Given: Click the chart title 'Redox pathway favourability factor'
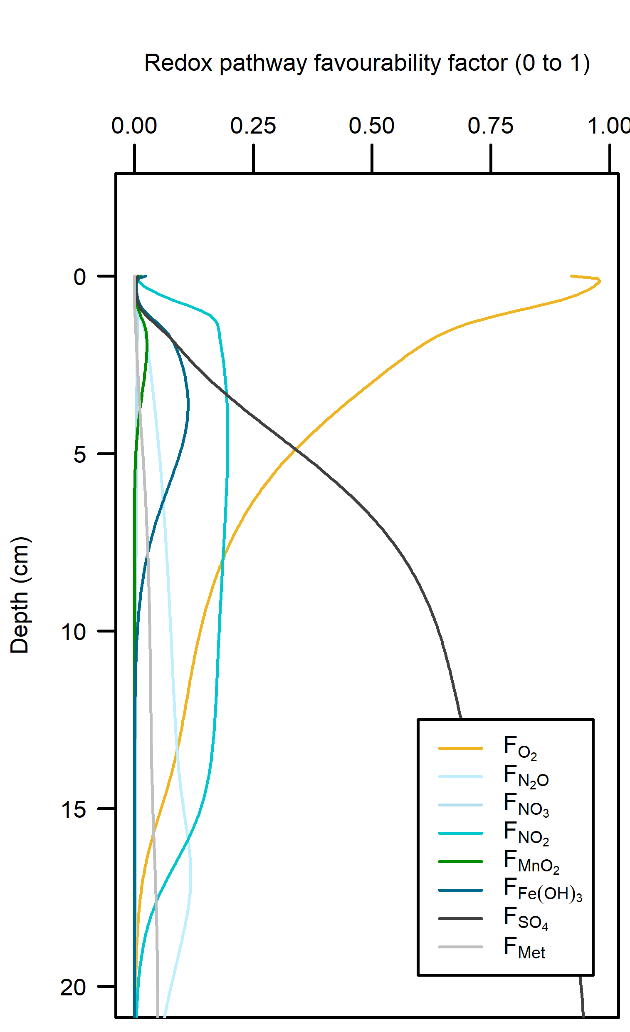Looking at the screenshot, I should coord(367,64).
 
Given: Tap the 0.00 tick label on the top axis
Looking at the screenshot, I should coord(134,126).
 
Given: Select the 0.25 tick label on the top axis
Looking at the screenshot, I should coord(253,126).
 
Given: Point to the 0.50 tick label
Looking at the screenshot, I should coord(372,126).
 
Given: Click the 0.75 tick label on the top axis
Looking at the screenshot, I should coord(491,126).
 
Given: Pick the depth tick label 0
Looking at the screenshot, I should coord(79,277).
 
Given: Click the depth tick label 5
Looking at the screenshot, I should coord(79,455).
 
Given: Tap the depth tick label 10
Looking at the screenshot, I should coord(74,632).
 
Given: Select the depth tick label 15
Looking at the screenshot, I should coord(74,810).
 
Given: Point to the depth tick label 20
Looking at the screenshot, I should coord(74,987).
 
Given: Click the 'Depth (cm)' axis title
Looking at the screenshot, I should coord(20,595).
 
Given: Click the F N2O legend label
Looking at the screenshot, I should coord(526,776).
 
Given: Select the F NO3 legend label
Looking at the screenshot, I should coord(526,805).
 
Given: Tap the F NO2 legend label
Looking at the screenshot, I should coord(526,834).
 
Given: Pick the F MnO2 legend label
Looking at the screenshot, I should coord(531,862).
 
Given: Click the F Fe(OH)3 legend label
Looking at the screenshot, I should coord(543,891).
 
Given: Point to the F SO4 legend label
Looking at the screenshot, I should coord(526,919).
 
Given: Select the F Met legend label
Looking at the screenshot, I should coord(524,948).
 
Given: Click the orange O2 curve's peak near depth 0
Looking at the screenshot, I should coord(599,280).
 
